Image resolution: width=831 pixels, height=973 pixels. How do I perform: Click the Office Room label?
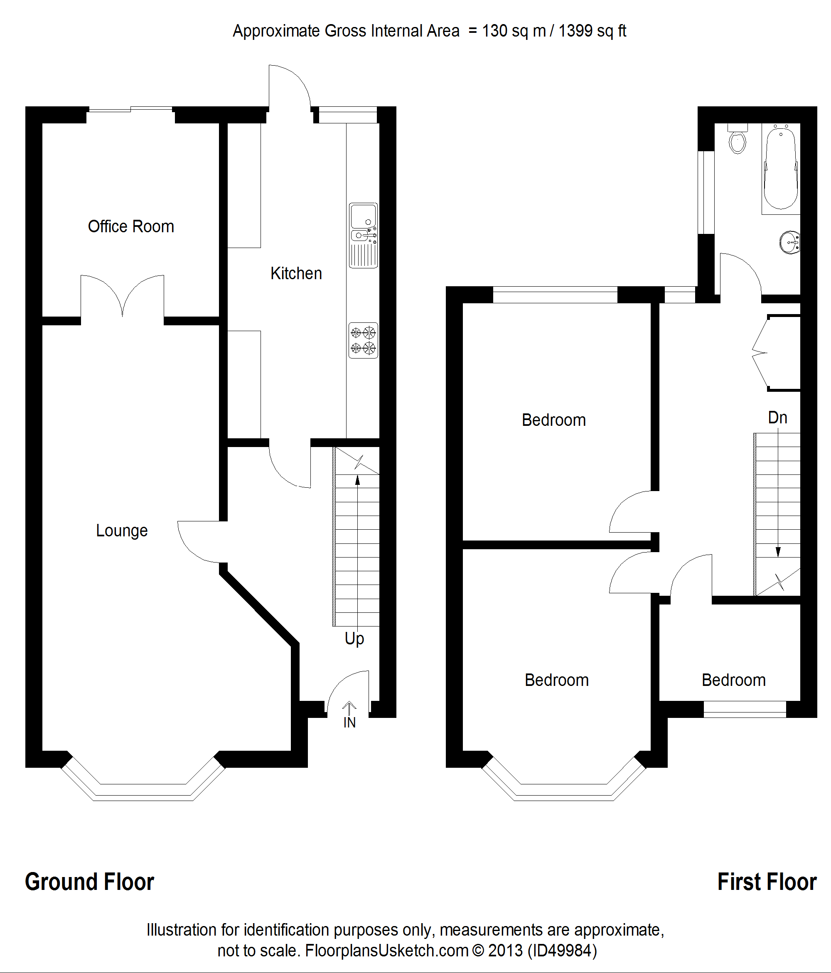pos(130,226)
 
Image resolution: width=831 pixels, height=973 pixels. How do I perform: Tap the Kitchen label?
pos(296,273)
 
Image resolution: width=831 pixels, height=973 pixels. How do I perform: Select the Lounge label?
pos(122,530)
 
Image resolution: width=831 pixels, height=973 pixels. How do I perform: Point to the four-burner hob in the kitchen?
pos(363,340)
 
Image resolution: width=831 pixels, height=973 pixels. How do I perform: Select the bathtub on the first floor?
pos(780,168)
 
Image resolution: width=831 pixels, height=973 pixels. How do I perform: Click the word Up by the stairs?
pos(354,639)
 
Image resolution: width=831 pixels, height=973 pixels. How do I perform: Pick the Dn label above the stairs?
pos(777,418)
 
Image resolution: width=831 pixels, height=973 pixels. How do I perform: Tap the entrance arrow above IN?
pos(349,707)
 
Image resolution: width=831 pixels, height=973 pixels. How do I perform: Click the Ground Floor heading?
pos(89,882)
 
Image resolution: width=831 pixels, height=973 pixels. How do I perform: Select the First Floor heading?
pos(767,882)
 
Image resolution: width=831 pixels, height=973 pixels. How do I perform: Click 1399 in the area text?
pos(575,31)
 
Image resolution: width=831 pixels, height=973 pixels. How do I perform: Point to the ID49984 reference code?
pos(562,951)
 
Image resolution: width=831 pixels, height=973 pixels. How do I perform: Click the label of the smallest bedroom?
pos(733,680)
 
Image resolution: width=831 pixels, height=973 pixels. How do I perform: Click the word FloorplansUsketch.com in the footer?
pos(386,951)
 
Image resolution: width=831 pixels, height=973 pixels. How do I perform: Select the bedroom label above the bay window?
pos(557,680)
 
